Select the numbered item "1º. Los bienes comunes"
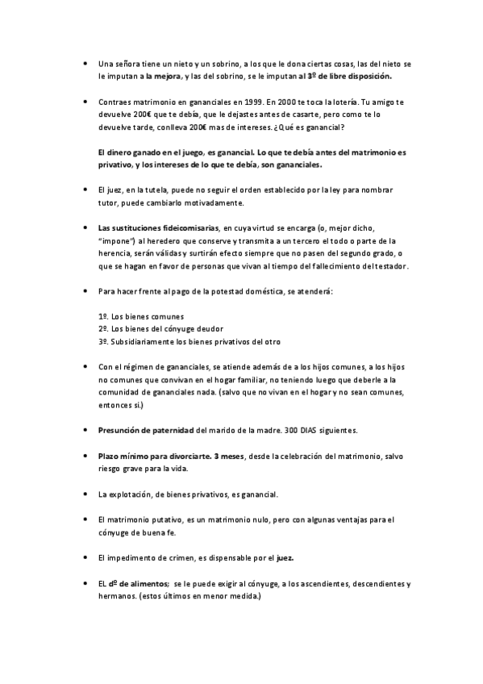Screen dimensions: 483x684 click(x=140, y=315)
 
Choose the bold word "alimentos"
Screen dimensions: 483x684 click(x=144, y=583)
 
